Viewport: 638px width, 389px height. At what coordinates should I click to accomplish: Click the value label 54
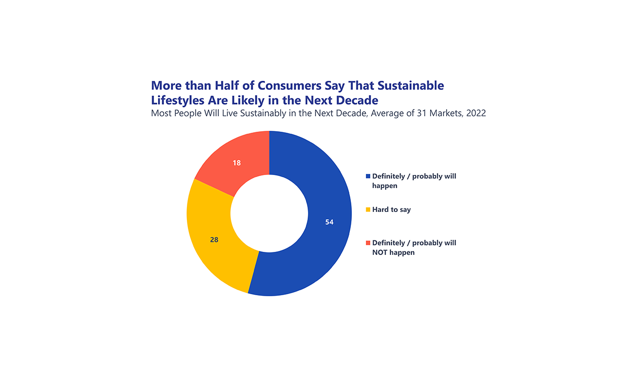click(x=329, y=222)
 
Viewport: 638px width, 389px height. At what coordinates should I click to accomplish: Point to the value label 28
click(x=214, y=240)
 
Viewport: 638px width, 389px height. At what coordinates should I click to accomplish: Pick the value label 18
click(x=237, y=163)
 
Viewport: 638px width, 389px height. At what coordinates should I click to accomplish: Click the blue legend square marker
click(x=368, y=176)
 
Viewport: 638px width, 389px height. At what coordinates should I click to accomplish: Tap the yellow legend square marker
click(x=368, y=209)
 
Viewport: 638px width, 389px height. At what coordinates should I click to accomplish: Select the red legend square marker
click(x=368, y=243)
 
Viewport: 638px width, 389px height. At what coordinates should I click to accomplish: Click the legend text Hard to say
click(x=391, y=209)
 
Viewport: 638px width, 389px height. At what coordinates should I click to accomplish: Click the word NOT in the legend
click(x=381, y=252)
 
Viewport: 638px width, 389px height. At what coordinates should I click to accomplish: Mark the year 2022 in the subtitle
click(x=476, y=113)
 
